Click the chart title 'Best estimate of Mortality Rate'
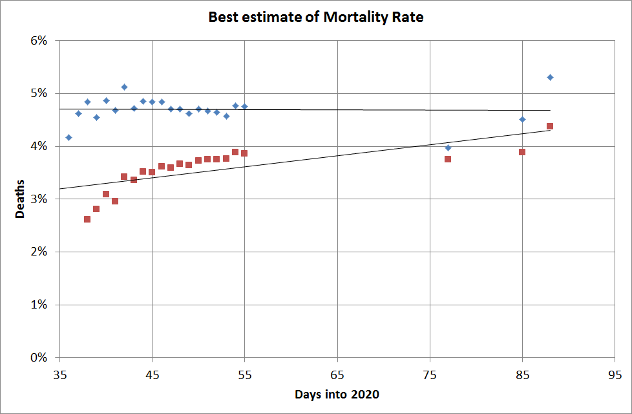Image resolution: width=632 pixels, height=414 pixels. click(x=315, y=17)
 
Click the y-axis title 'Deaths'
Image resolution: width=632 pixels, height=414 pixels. click(x=20, y=199)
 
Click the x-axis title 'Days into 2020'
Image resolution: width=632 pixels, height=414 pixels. click(x=337, y=394)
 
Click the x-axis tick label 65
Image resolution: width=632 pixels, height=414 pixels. click(x=337, y=375)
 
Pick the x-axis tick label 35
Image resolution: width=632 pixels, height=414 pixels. click(x=59, y=375)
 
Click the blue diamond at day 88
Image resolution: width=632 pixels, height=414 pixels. click(x=550, y=77)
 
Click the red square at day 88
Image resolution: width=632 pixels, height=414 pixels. click(x=550, y=126)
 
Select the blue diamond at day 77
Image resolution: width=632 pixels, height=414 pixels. click(x=448, y=147)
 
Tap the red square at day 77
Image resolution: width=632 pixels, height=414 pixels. click(x=448, y=159)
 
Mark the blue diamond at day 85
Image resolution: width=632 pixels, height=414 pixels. click(x=522, y=119)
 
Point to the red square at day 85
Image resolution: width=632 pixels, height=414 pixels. click(x=522, y=152)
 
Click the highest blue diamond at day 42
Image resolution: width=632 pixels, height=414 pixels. click(x=124, y=87)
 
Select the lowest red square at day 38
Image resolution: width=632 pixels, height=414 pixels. click(x=87, y=219)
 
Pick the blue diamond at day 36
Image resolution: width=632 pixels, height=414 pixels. click(x=68, y=137)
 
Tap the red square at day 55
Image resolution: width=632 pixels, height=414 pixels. click(x=244, y=153)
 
